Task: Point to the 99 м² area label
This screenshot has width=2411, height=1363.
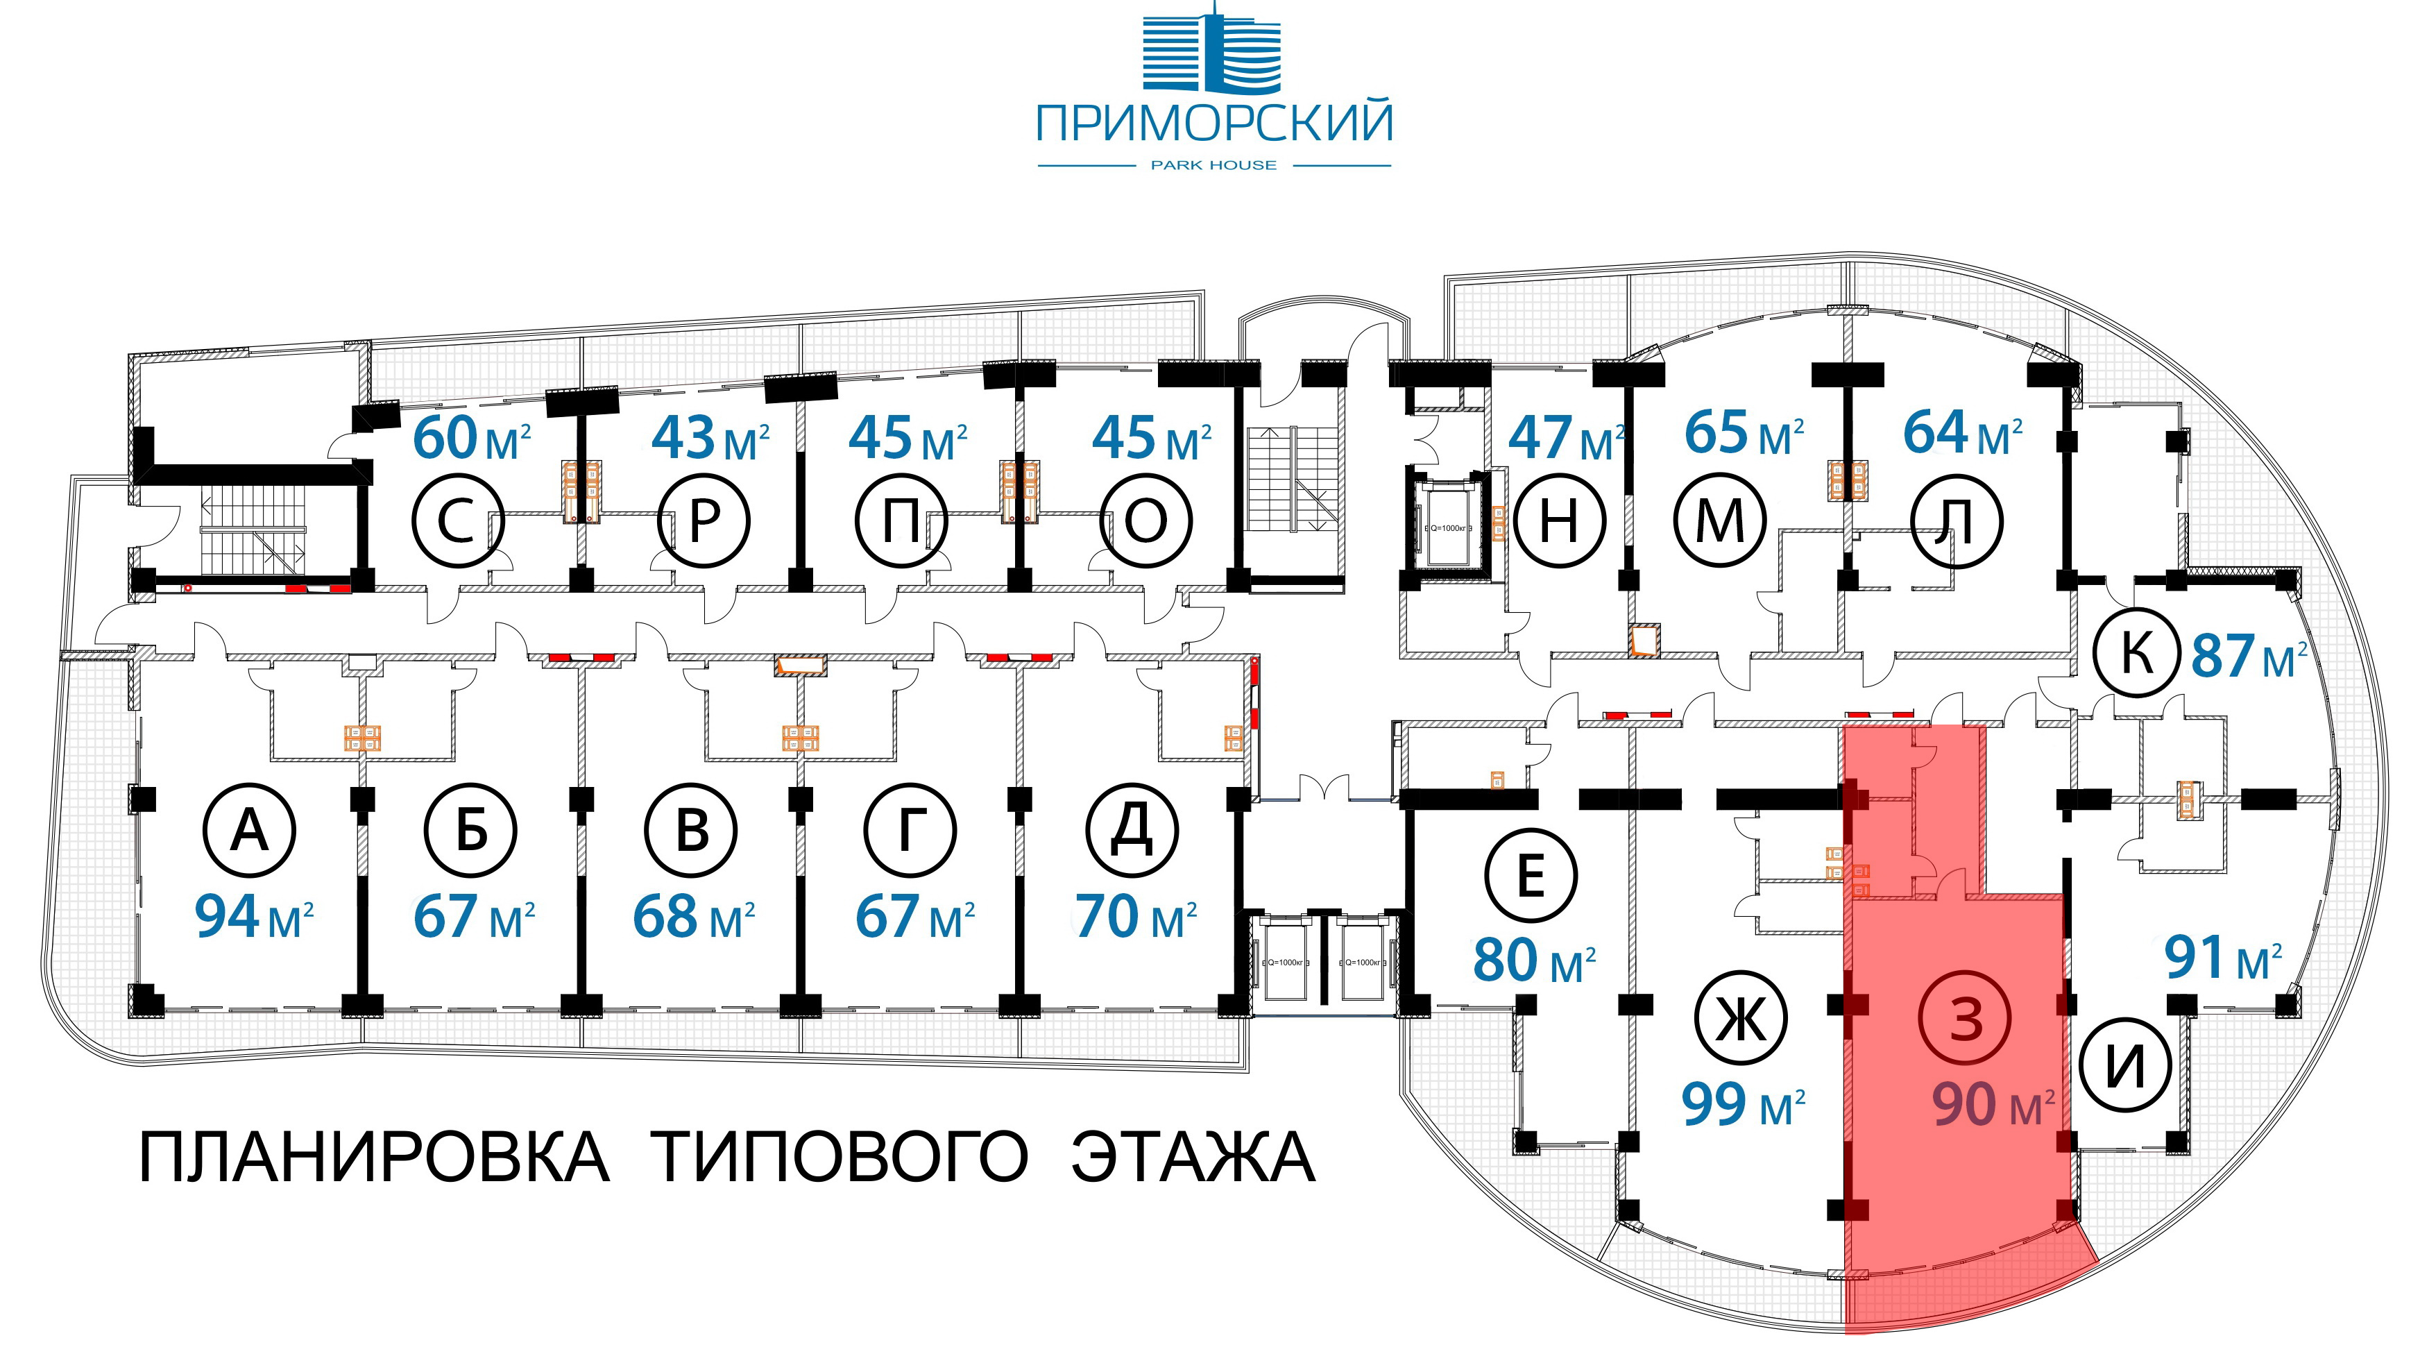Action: pyautogui.click(x=1743, y=1106)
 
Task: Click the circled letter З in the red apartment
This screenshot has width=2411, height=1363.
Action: pyautogui.click(x=1966, y=1017)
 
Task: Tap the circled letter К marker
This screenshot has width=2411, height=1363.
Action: pyautogui.click(x=2137, y=652)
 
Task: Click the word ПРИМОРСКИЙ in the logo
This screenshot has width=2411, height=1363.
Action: pyautogui.click(x=1214, y=124)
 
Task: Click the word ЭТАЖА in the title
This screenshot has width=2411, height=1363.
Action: pyautogui.click(x=1193, y=1158)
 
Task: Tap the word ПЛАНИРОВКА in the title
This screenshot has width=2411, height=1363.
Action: pyautogui.click(x=375, y=1158)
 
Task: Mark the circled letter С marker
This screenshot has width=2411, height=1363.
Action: pyautogui.click(x=458, y=521)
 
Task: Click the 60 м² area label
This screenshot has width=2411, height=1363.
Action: pyautogui.click(x=472, y=438)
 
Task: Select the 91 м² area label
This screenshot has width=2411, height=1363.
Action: pyautogui.click(x=2223, y=958)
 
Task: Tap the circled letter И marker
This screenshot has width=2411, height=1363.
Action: pyautogui.click(x=2124, y=1065)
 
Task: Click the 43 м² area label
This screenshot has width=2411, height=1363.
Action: pyautogui.click(x=710, y=438)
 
